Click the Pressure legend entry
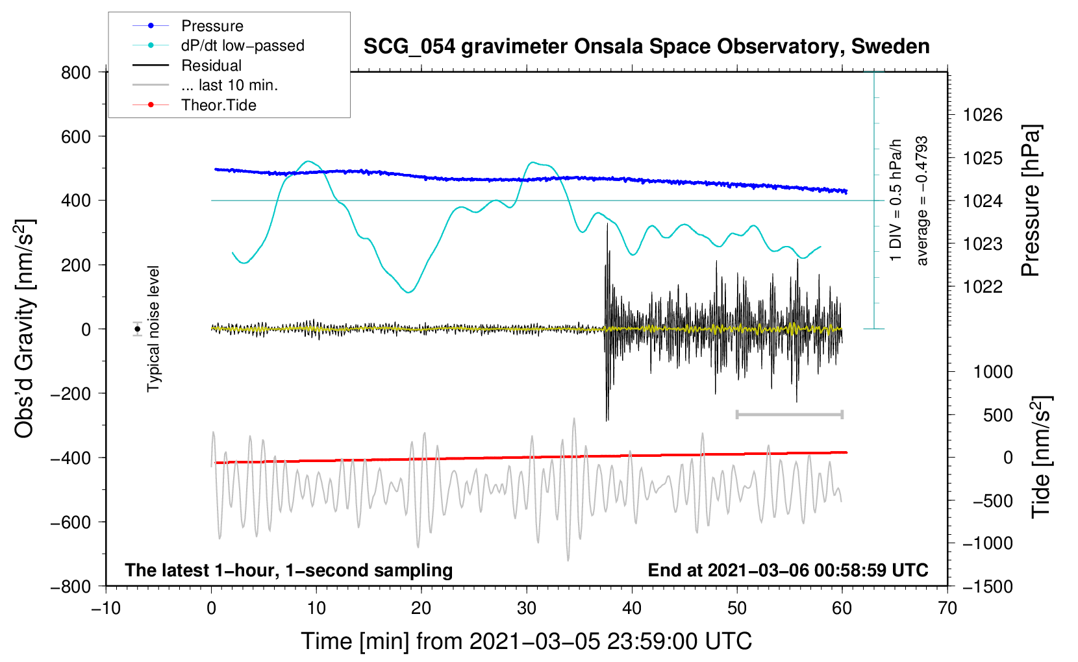212,26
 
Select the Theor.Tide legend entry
218,105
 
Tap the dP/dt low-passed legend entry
242,45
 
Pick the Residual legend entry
211,66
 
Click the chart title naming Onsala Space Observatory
646,47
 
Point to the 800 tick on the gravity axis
76,73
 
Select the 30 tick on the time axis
527,608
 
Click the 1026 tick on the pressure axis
983,116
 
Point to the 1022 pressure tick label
983,287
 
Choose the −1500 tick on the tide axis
987,586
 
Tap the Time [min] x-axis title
526,641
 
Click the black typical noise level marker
138,329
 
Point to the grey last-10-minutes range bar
789,414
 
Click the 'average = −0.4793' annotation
922,201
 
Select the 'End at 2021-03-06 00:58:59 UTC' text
788,570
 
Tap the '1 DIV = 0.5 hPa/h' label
896,200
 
